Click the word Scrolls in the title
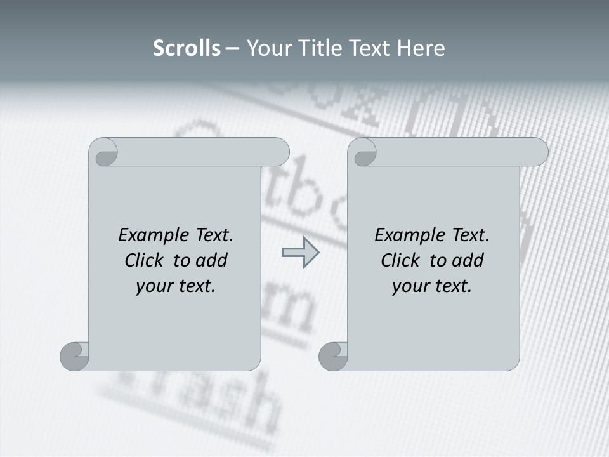(x=187, y=48)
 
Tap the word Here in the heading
(x=421, y=48)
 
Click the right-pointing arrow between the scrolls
(x=300, y=253)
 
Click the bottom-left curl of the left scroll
(x=74, y=356)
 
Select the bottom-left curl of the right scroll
(x=332, y=356)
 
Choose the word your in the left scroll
(x=153, y=286)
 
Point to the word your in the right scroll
(x=409, y=286)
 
